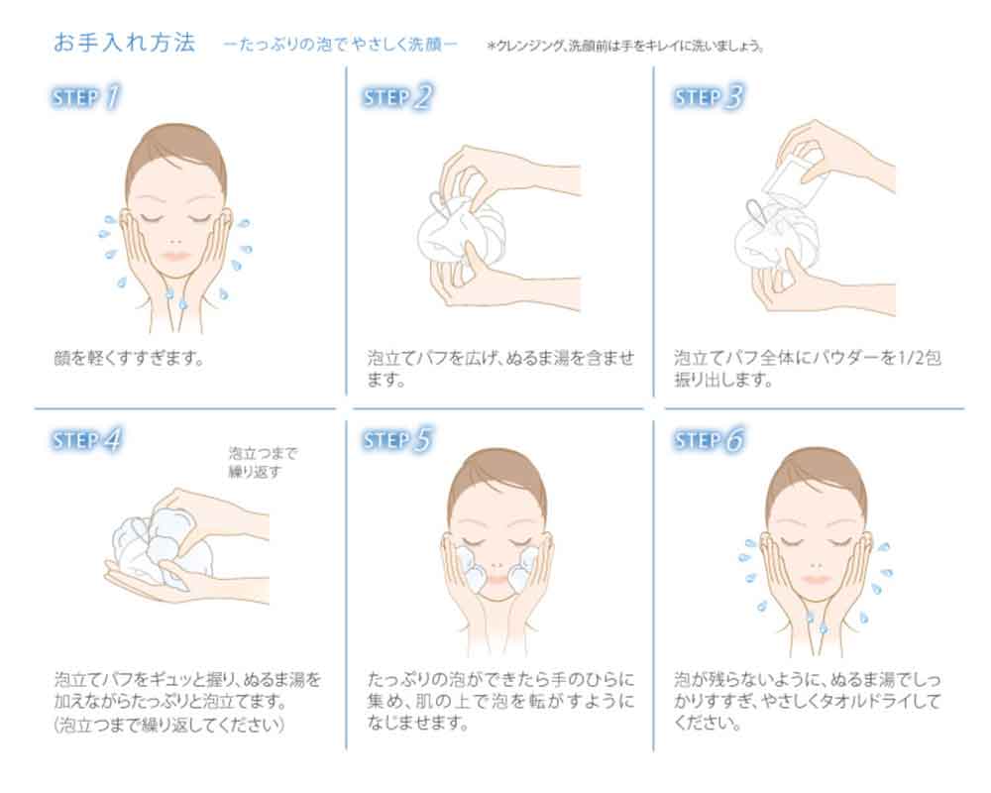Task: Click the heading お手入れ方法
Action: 125,43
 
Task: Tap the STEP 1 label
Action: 85,97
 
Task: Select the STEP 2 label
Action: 397,97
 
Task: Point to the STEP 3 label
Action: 709,97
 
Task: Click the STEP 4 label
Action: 86,439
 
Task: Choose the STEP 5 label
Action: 397,439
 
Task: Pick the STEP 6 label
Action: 709,439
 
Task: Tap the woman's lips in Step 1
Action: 175,256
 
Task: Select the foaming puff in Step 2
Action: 462,233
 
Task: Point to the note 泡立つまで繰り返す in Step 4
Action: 263,462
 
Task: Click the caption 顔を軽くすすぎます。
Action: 130,358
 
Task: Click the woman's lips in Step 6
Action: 816,579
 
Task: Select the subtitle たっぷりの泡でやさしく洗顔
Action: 340,45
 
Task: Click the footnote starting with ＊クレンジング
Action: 625,46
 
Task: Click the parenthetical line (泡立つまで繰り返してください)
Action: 169,724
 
